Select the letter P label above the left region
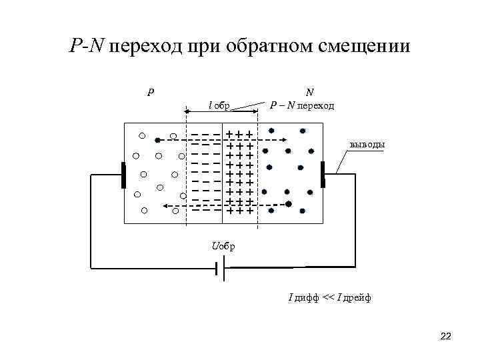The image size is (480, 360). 151,91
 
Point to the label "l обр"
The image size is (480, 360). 220,105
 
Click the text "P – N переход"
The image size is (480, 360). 302,105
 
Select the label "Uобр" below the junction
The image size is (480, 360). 223,246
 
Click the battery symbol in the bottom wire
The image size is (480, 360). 219,270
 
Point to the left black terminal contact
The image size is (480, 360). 123,175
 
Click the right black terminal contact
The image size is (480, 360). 323,175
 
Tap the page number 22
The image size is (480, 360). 446,337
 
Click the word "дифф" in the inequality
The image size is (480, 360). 306,297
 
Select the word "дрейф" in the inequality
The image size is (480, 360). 357,297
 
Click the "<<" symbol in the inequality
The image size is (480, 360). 328,297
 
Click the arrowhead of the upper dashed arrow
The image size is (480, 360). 284,140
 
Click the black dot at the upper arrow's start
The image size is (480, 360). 157,140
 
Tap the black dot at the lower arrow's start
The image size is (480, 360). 288,203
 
